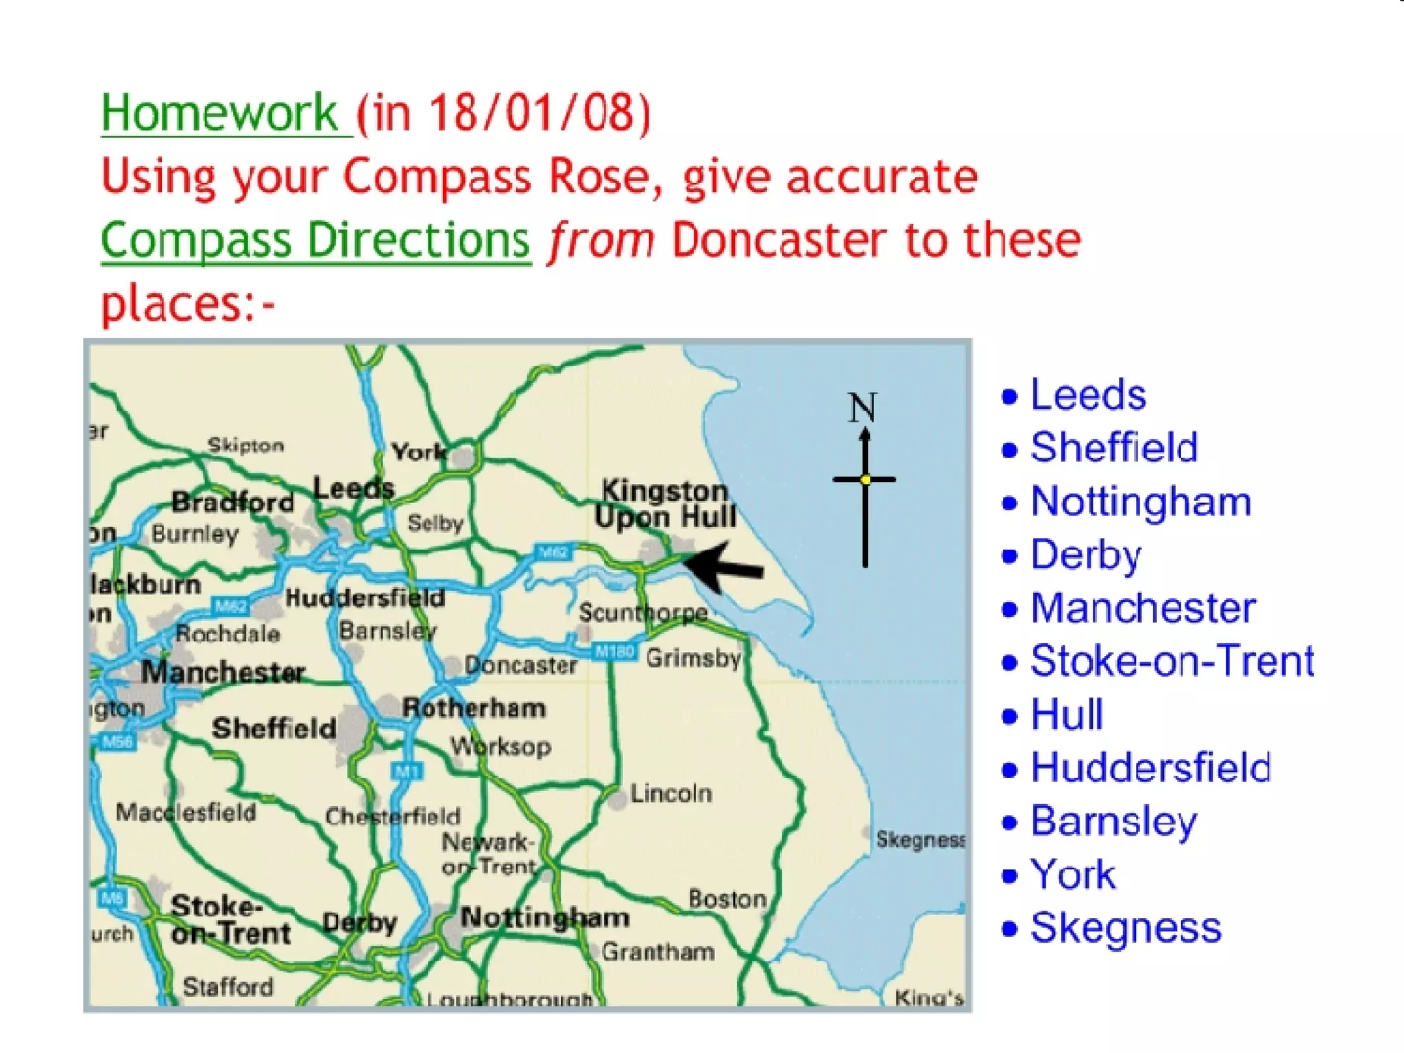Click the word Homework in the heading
(219, 113)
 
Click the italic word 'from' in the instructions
(601, 241)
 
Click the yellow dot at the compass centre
(865, 480)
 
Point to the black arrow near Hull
(723, 566)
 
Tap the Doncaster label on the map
(520, 665)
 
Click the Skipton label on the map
(245, 446)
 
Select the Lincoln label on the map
(670, 794)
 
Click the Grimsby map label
(693, 658)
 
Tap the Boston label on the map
(727, 899)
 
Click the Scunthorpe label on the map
(642, 612)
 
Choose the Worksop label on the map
(500, 746)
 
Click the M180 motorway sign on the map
(615, 651)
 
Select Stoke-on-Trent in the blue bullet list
(1172, 662)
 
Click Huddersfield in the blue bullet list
(1150, 768)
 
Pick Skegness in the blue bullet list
(1125, 928)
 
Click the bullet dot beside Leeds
(1009, 396)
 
